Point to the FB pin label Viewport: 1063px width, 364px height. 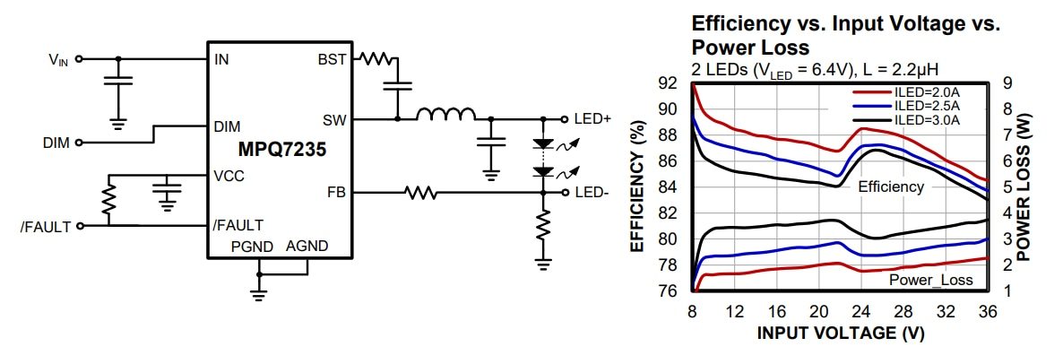[x=338, y=191]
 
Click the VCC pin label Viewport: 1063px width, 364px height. [x=229, y=176]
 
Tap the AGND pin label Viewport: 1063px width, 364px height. [x=307, y=246]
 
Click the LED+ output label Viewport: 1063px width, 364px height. [x=592, y=118]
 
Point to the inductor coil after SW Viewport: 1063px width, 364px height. [x=445, y=114]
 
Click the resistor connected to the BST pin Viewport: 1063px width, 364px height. [x=375, y=60]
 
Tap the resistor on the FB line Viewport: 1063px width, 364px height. [x=419, y=191]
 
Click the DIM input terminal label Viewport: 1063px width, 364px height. [x=56, y=143]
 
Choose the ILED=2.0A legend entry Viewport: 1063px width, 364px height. [x=927, y=92]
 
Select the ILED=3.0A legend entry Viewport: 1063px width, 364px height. [x=927, y=118]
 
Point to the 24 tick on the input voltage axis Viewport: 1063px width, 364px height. [x=860, y=311]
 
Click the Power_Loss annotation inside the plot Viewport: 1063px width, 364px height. [x=930, y=281]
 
